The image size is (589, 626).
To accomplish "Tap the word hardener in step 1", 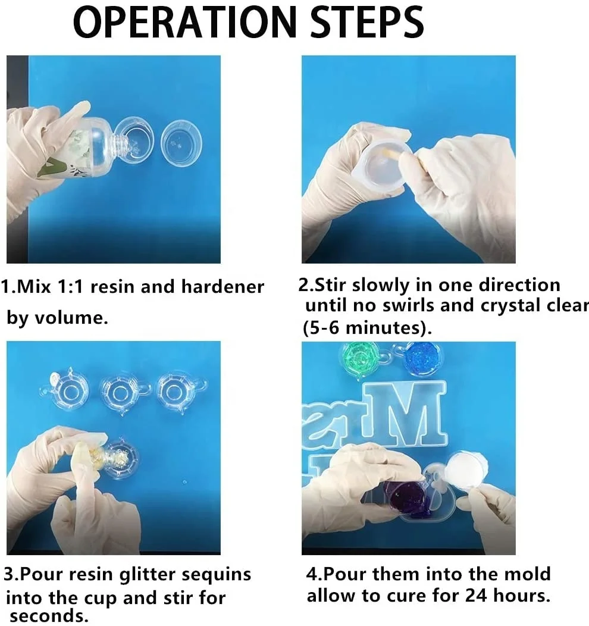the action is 223,287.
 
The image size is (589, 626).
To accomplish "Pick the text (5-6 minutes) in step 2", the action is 367,328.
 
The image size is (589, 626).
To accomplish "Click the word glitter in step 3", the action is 148,574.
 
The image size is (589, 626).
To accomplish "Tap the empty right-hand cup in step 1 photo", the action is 181,143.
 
